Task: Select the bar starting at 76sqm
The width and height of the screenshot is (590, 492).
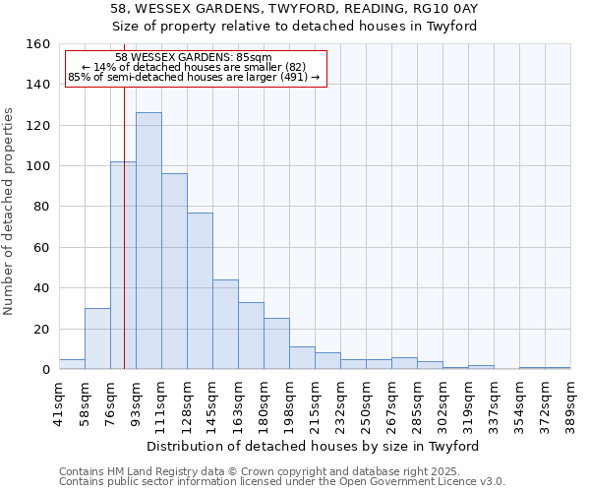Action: (x=123, y=266)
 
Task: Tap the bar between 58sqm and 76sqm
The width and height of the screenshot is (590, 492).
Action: (x=97, y=338)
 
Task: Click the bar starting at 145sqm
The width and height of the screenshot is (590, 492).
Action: (x=225, y=325)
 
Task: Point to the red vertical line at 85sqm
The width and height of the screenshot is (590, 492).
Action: (x=125, y=226)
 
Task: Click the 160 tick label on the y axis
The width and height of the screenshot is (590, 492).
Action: (x=38, y=44)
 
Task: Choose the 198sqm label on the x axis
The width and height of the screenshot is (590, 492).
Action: (x=289, y=402)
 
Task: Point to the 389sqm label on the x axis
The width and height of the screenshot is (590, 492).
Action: (x=570, y=402)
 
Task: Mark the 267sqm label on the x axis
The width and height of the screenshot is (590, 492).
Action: (x=391, y=402)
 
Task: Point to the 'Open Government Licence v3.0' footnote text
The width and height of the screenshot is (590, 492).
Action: (x=433, y=481)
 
